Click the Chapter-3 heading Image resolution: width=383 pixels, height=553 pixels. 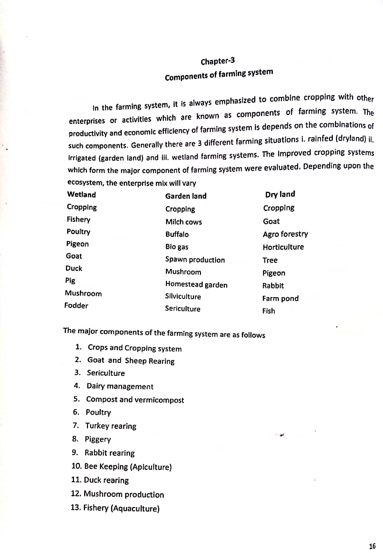217,61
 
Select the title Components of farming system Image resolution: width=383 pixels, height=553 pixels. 219,74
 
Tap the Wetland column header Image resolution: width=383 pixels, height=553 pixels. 81,194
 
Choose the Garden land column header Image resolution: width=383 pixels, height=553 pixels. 186,196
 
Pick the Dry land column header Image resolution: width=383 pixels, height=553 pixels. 280,194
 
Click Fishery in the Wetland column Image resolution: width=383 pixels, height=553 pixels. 79,219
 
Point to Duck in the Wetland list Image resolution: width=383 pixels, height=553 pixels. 74,268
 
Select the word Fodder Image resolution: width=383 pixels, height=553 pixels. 76,306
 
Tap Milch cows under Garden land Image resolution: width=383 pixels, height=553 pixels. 183,222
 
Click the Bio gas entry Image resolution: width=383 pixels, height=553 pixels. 177,247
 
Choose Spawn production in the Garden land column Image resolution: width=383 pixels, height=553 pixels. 195,260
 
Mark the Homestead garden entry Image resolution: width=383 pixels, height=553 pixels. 196,285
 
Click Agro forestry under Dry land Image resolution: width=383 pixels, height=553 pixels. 285,234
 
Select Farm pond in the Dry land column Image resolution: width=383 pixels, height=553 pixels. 280,299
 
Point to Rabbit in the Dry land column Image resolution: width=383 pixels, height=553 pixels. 273,286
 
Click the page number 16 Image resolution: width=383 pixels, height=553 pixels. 372,546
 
